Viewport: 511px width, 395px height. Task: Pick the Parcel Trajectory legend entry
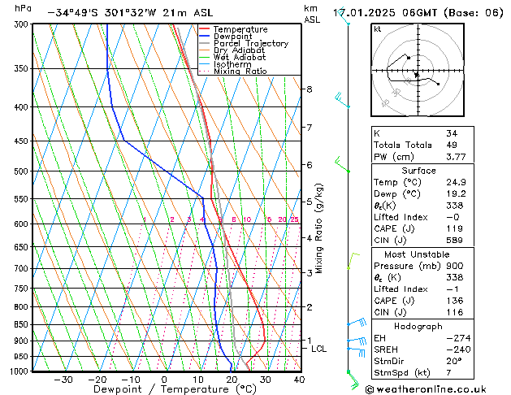pyautogui.click(x=250, y=44)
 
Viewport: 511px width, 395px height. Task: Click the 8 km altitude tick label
pyautogui.click(x=310, y=89)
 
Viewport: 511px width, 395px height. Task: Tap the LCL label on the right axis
pyautogui.click(x=319, y=349)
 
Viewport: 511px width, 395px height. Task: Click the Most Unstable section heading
pyautogui.click(x=418, y=254)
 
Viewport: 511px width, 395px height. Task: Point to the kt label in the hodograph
pyautogui.click(x=378, y=29)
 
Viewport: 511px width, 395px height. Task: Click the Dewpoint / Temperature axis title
pyautogui.click(x=162, y=389)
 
